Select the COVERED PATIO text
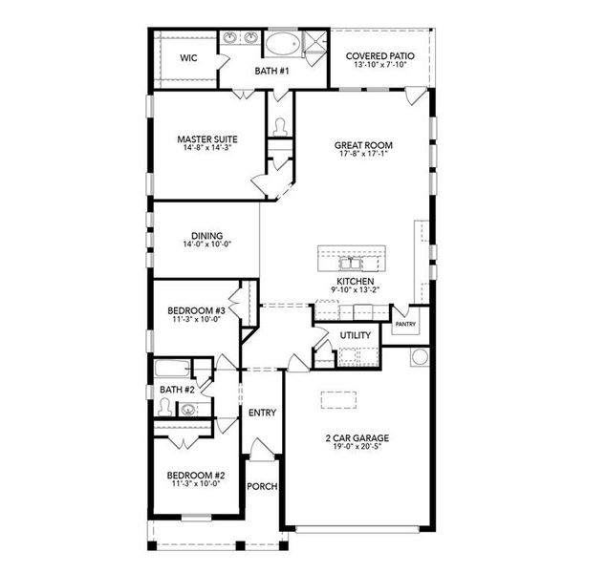380,56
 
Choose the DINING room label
206,235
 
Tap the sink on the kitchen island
348,260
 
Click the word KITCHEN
354,282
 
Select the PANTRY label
405,325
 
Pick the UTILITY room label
356,335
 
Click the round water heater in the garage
419,357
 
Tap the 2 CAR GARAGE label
356,438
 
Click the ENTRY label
262,413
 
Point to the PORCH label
262,486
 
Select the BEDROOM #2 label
196,475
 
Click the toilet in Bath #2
168,408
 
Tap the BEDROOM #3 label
196,310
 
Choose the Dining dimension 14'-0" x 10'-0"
206,244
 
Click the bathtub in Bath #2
172,369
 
